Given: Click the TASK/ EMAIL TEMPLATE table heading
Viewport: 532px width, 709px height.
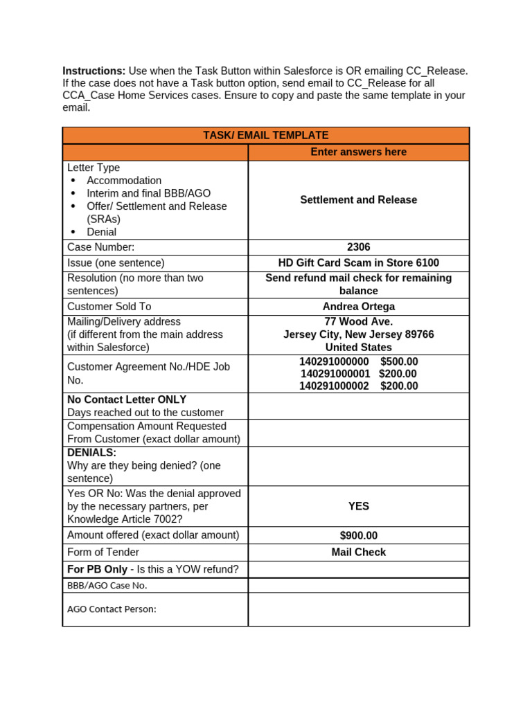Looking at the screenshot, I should pyautogui.click(x=265, y=136).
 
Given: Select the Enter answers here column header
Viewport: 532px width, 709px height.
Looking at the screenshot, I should pyautogui.click(x=358, y=152).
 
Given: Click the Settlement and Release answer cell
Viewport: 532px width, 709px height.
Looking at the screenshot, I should pyautogui.click(x=358, y=200).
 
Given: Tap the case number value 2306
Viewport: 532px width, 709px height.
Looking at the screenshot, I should pyautogui.click(x=358, y=247).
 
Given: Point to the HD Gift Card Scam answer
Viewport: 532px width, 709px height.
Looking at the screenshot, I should pyautogui.click(x=358, y=263).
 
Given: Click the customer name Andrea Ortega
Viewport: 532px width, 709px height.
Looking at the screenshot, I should pyautogui.click(x=358, y=307).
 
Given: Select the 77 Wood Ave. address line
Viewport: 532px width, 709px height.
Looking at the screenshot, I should pyautogui.click(x=358, y=322).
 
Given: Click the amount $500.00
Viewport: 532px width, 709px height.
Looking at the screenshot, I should pyautogui.click(x=399, y=362).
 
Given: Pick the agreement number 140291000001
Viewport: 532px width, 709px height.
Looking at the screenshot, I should pyautogui.click(x=335, y=374).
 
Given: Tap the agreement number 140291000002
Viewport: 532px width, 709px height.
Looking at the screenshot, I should pyautogui.click(x=334, y=386).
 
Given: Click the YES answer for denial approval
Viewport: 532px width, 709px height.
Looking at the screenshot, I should pyautogui.click(x=358, y=507).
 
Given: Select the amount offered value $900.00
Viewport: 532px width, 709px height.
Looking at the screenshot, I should pyautogui.click(x=358, y=536).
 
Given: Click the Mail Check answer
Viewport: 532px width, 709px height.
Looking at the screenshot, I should pyautogui.click(x=358, y=553).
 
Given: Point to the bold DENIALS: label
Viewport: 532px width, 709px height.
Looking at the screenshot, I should pyautogui.click(x=91, y=453).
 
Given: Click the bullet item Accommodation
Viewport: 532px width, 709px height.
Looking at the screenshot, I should pyautogui.click(x=124, y=181).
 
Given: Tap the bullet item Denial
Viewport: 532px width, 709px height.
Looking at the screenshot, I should pyautogui.click(x=101, y=232).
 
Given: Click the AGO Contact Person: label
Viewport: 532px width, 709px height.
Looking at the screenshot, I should pyautogui.click(x=112, y=609).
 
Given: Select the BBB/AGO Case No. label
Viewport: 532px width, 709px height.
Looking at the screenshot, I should pyautogui.click(x=107, y=586).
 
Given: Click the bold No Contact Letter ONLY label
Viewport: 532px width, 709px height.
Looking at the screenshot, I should pyautogui.click(x=127, y=400).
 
